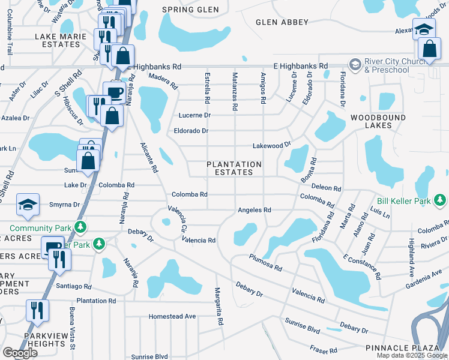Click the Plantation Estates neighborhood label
(234, 168)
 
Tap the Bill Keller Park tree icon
(441, 200)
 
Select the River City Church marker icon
(355, 64)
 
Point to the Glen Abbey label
(282, 22)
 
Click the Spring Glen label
(187, 10)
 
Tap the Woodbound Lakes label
(378, 121)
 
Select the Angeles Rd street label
(255, 210)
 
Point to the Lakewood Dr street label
(271, 145)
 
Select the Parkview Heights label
(44, 340)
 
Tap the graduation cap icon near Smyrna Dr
(28, 204)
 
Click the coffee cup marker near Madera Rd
(115, 92)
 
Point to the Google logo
(20, 353)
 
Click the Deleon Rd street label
(327, 188)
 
